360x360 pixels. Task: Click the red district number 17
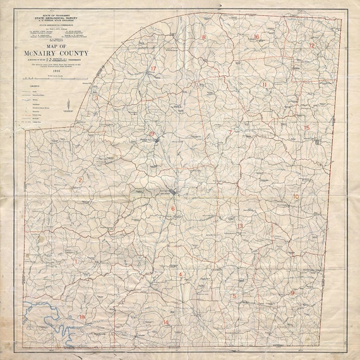(x=153, y=69)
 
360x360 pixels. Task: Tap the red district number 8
(x=204, y=38)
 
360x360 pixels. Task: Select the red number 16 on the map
(x=256, y=37)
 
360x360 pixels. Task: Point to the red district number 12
(x=311, y=45)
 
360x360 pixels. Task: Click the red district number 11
(x=265, y=85)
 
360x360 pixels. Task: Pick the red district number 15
(x=307, y=128)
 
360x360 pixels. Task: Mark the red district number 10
(x=296, y=197)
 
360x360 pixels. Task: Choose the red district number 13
(x=239, y=226)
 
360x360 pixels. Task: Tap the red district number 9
(x=292, y=293)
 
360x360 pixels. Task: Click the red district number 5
(x=234, y=296)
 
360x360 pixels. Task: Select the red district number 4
(x=180, y=275)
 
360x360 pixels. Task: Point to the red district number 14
(x=166, y=323)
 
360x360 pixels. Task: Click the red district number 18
(x=81, y=316)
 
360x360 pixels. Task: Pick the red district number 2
(x=80, y=181)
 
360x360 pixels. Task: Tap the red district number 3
(x=96, y=98)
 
